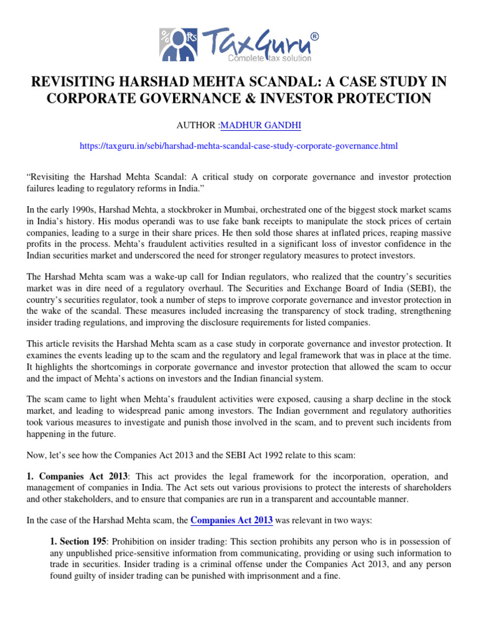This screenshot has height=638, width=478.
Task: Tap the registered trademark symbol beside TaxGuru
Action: (x=314, y=37)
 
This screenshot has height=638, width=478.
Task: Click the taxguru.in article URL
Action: (x=239, y=146)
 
